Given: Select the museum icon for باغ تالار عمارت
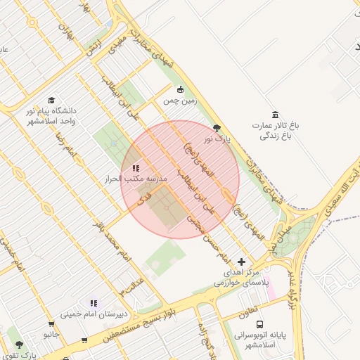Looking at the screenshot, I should point(274,115).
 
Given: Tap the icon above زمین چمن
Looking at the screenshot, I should point(181,89).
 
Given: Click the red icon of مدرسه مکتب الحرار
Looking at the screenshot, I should point(136,169).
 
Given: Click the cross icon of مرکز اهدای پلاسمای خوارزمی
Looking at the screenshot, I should point(242,262).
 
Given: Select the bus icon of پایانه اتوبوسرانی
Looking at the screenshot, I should point(260,324).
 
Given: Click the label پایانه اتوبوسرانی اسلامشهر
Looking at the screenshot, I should point(259,340).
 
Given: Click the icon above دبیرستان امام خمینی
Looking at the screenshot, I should point(94,303).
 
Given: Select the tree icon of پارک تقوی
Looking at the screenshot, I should point(18,345).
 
